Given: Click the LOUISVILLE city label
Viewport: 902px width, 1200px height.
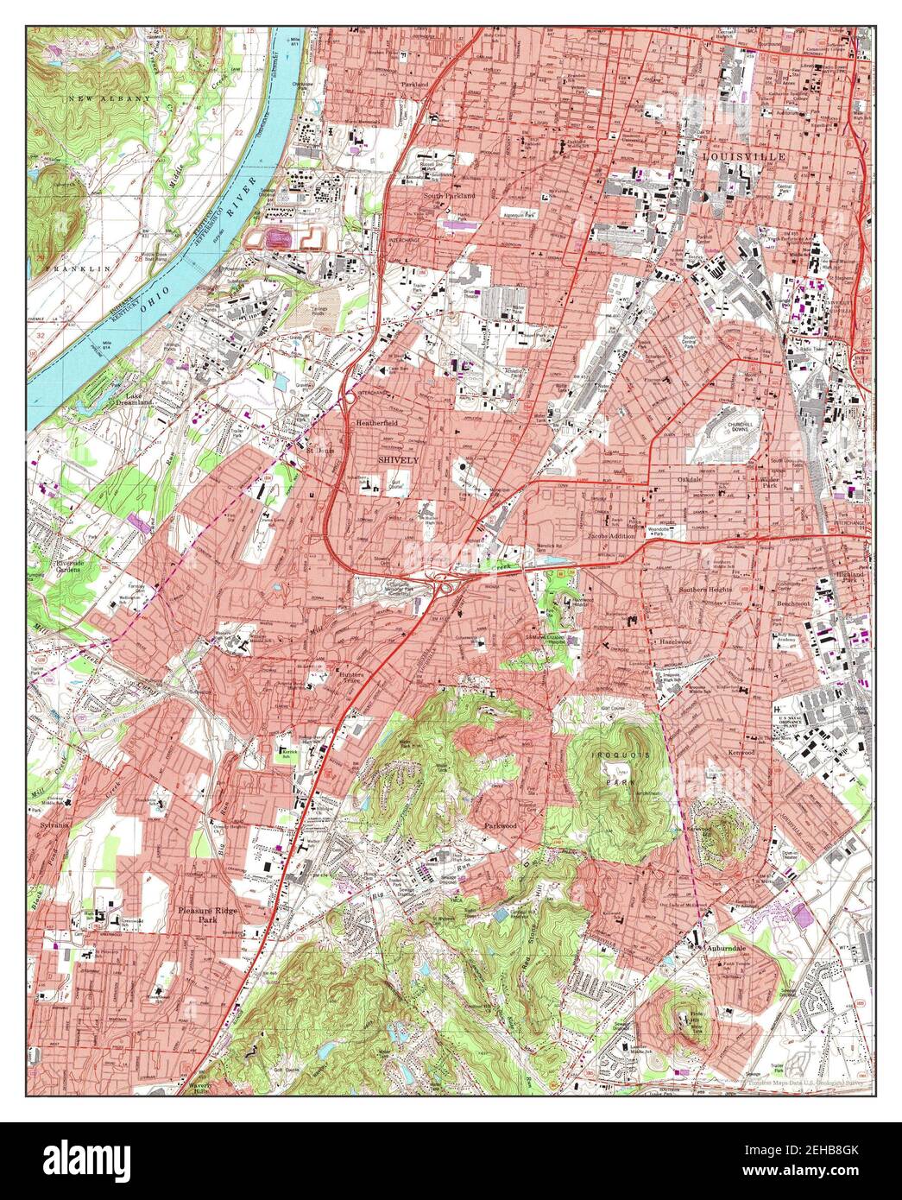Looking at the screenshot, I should coord(743,156).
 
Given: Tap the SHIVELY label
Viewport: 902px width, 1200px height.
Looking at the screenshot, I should coord(398,460).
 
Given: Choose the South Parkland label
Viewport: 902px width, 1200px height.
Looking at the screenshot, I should coord(449,195).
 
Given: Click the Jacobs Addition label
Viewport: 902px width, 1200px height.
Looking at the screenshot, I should coord(610,535).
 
